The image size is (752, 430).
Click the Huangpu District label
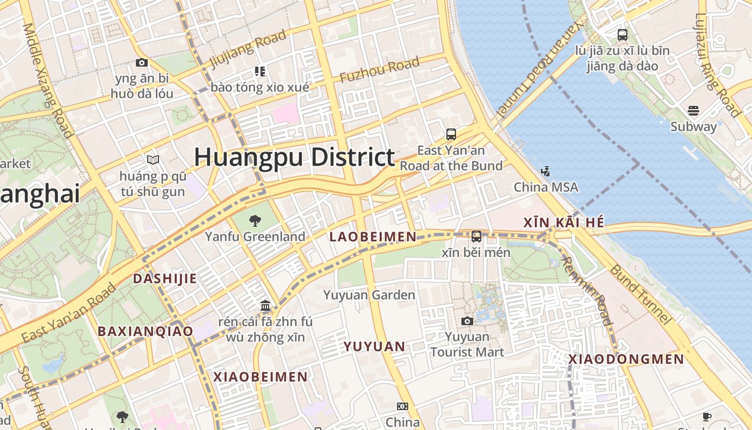click(294, 157)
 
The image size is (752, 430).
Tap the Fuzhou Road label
click(379, 70)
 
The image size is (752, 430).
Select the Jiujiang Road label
click(248, 49)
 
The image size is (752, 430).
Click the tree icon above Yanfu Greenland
click(255, 220)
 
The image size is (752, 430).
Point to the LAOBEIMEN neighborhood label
click(373, 236)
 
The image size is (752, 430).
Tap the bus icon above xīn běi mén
click(476, 236)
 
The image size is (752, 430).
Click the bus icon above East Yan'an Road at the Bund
click(451, 134)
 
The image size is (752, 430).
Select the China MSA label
click(546, 187)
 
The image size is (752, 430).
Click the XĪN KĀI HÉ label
click(564, 223)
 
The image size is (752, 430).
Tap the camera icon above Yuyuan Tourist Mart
click(467, 321)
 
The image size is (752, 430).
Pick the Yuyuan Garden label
click(369, 295)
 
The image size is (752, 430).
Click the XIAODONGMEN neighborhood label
click(626, 359)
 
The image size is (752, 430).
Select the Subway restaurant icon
click(693, 111)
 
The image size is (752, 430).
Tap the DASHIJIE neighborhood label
click(165, 278)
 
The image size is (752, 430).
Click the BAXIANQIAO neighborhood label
click(145, 331)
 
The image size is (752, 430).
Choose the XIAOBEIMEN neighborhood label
click(261, 377)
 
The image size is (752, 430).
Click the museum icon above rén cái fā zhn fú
click(265, 306)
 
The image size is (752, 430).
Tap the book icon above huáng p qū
click(153, 160)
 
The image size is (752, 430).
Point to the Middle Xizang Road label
click(47, 81)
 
